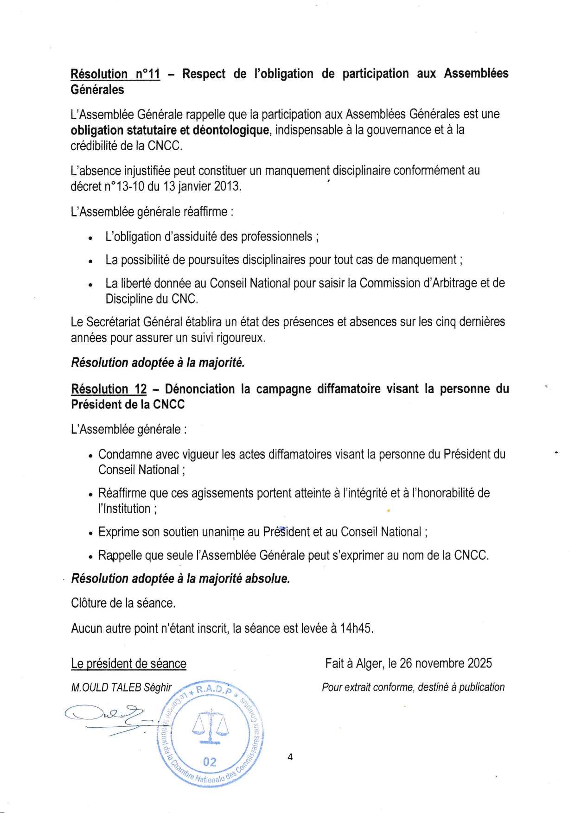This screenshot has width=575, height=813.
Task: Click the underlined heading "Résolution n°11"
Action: point(115,74)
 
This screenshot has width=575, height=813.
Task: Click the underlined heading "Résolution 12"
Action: point(109,389)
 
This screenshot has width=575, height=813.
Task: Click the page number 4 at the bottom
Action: point(290,757)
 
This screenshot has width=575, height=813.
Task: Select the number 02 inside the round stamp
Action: point(210,762)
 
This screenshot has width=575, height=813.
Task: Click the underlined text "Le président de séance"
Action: point(128,664)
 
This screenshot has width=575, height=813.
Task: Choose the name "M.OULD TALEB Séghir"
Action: point(121,687)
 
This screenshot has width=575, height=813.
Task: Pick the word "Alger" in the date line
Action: point(370,664)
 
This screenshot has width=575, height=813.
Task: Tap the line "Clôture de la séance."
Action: point(123,603)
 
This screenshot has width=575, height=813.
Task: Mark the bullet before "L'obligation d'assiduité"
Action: point(90,238)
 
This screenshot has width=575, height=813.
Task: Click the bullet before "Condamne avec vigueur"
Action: point(90,456)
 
